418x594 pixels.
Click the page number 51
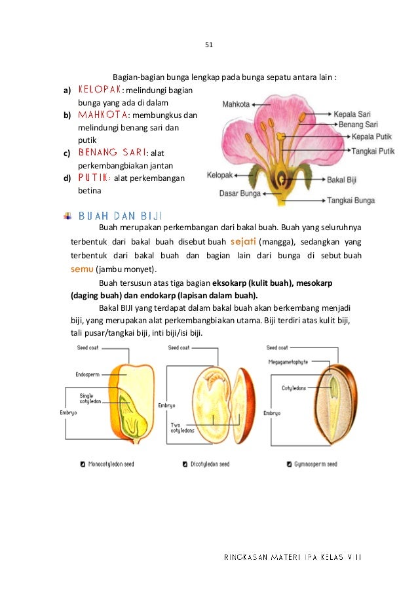click(x=210, y=45)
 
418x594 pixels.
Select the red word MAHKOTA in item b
click(x=103, y=115)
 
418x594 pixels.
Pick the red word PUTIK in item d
click(x=94, y=178)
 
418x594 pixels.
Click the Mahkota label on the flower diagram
click(x=237, y=104)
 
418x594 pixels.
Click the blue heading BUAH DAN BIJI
click(x=120, y=216)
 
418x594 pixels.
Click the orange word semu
click(x=82, y=269)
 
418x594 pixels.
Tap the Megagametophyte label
click(x=288, y=361)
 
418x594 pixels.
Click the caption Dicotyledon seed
click(x=210, y=464)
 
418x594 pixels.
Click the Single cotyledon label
click(x=86, y=399)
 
